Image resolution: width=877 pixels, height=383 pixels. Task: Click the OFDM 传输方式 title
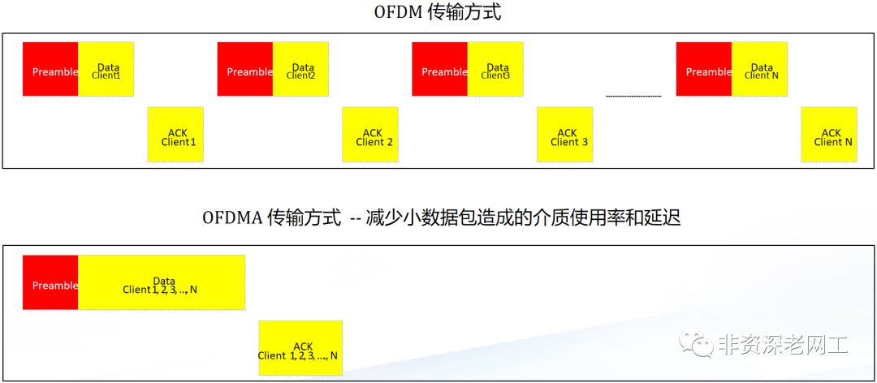point(438,13)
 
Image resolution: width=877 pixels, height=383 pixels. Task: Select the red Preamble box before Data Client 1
point(50,69)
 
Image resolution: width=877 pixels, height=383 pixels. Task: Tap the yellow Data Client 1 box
point(106,69)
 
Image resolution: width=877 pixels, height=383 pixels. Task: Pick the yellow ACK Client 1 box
point(175,135)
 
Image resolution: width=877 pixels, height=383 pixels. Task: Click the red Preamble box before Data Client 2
point(245,69)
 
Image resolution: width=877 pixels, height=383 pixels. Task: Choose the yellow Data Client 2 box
point(301,69)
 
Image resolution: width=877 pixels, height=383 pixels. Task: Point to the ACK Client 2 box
point(370,135)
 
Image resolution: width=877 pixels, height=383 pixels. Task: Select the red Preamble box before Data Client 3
point(440,69)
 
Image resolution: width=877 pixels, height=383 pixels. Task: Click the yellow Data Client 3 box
point(496,69)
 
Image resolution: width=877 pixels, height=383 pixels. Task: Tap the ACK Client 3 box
point(565,135)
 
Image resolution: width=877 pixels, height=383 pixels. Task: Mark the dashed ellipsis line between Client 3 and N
point(633,96)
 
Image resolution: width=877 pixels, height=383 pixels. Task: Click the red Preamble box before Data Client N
point(704,69)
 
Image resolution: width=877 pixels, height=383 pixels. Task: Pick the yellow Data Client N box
point(760,69)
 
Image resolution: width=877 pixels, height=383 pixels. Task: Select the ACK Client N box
point(829,135)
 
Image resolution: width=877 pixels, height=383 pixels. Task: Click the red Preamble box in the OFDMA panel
point(50,282)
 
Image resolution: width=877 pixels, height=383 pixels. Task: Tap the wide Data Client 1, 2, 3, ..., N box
point(162,282)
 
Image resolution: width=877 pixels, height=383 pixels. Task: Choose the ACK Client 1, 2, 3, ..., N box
point(300,348)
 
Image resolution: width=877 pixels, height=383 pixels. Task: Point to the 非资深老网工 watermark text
point(783,346)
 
